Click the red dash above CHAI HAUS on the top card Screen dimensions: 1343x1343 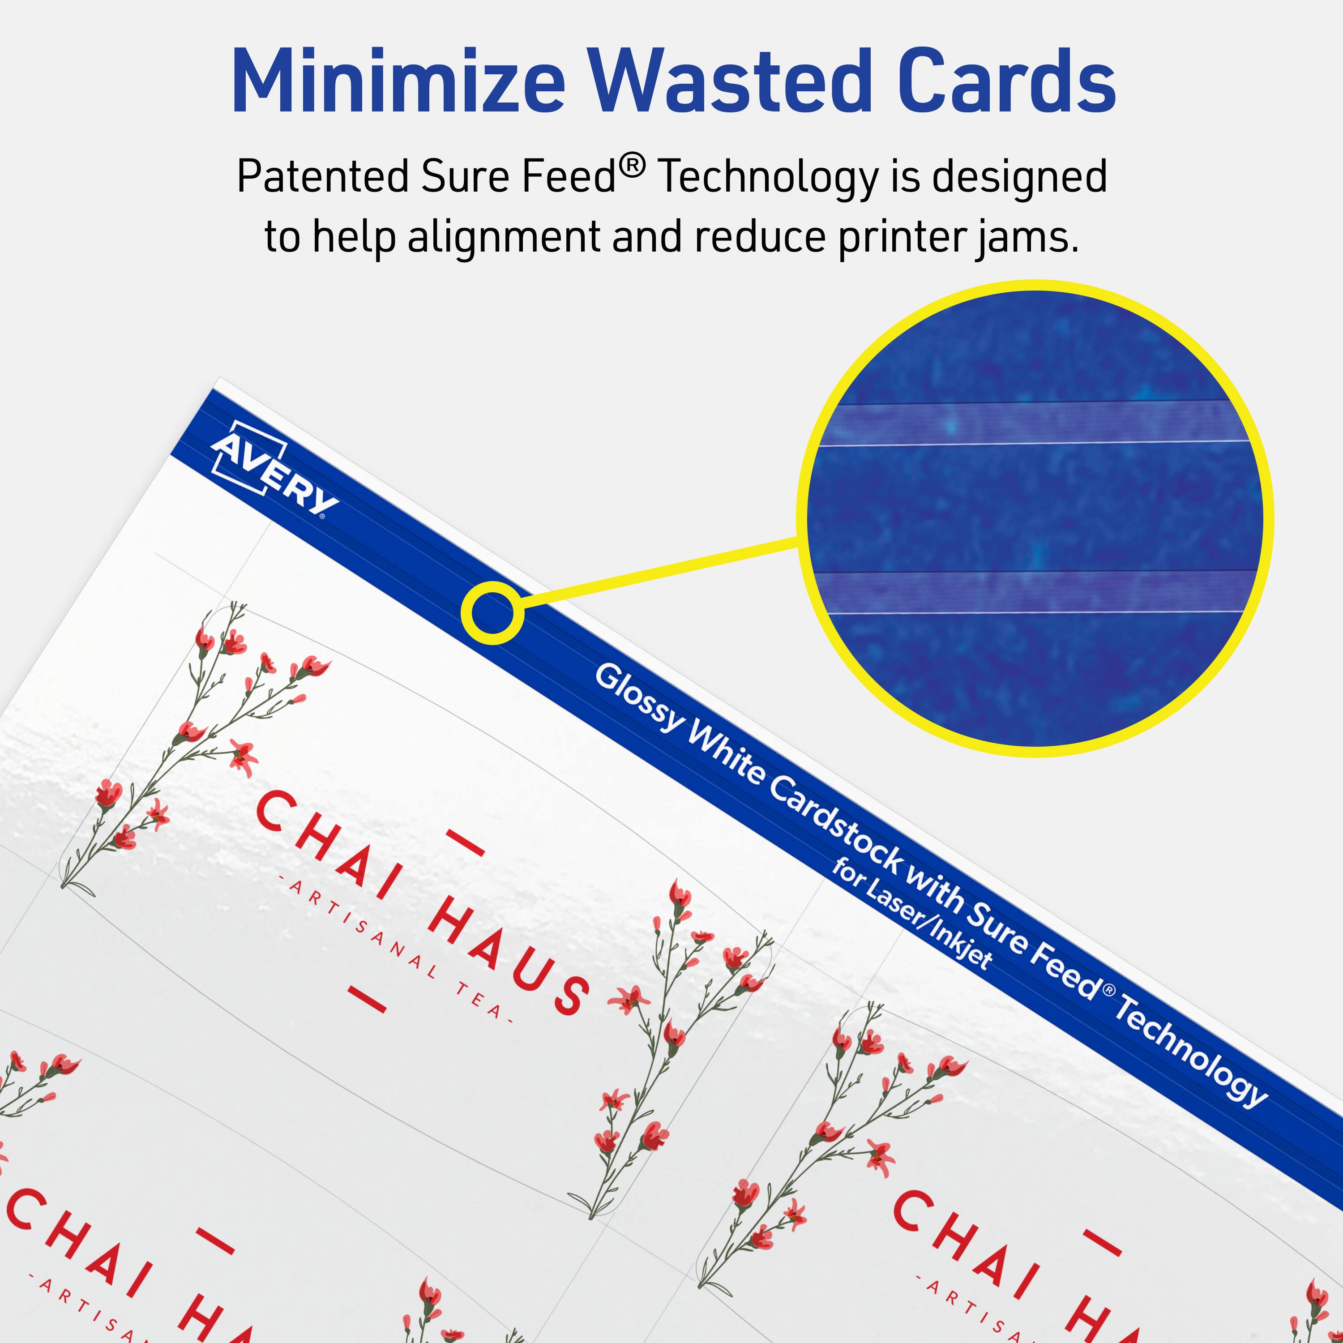coord(464,841)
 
